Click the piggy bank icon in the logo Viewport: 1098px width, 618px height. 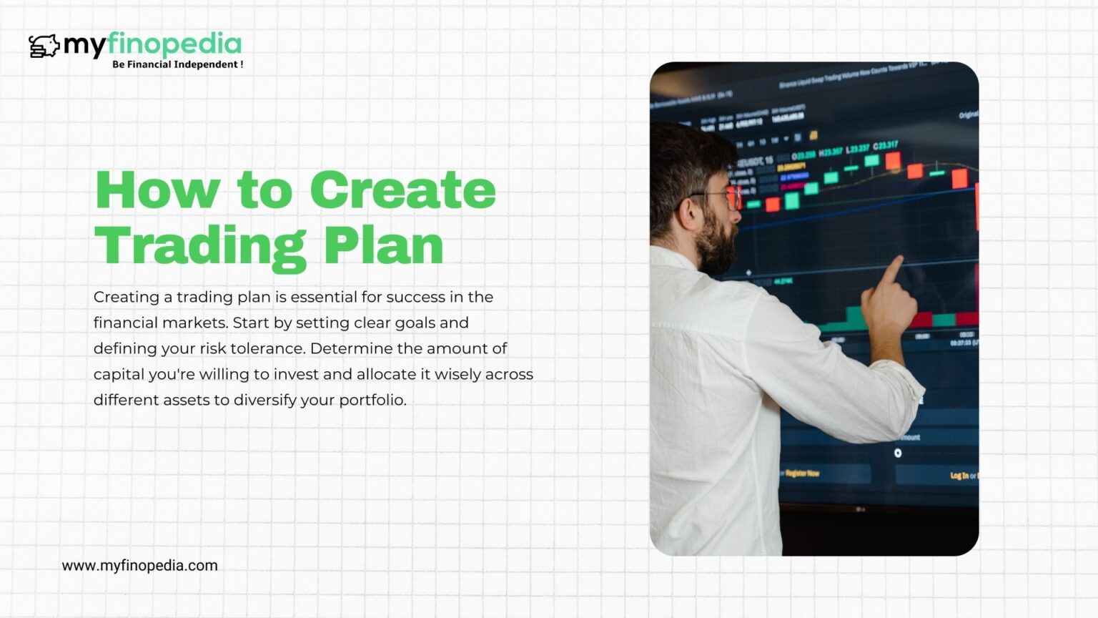click(44, 46)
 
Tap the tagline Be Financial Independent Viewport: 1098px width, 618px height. click(177, 64)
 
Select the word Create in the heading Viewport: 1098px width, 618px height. click(402, 191)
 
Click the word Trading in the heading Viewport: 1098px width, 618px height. click(201, 246)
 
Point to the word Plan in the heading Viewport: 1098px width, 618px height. click(383, 246)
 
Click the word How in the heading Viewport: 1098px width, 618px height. click(157, 191)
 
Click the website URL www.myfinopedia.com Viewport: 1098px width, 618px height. click(139, 565)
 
